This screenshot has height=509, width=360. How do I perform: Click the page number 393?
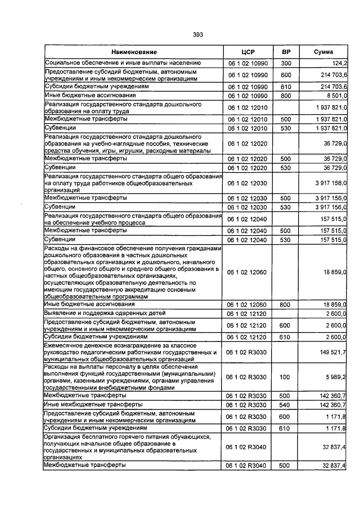[197, 34]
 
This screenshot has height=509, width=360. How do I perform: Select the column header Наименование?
[134, 52]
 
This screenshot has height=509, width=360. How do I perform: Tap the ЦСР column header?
[248, 52]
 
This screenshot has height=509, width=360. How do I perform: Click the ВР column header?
[286, 52]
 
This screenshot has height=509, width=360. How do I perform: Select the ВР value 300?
[286, 63]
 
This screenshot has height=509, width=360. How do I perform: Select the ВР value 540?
[286, 404]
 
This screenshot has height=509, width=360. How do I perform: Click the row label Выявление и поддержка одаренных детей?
[105, 313]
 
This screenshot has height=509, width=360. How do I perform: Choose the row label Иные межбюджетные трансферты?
[87, 404]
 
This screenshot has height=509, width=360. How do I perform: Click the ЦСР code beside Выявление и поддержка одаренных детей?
[248, 313]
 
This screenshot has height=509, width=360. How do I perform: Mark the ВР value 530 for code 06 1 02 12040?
[286, 240]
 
